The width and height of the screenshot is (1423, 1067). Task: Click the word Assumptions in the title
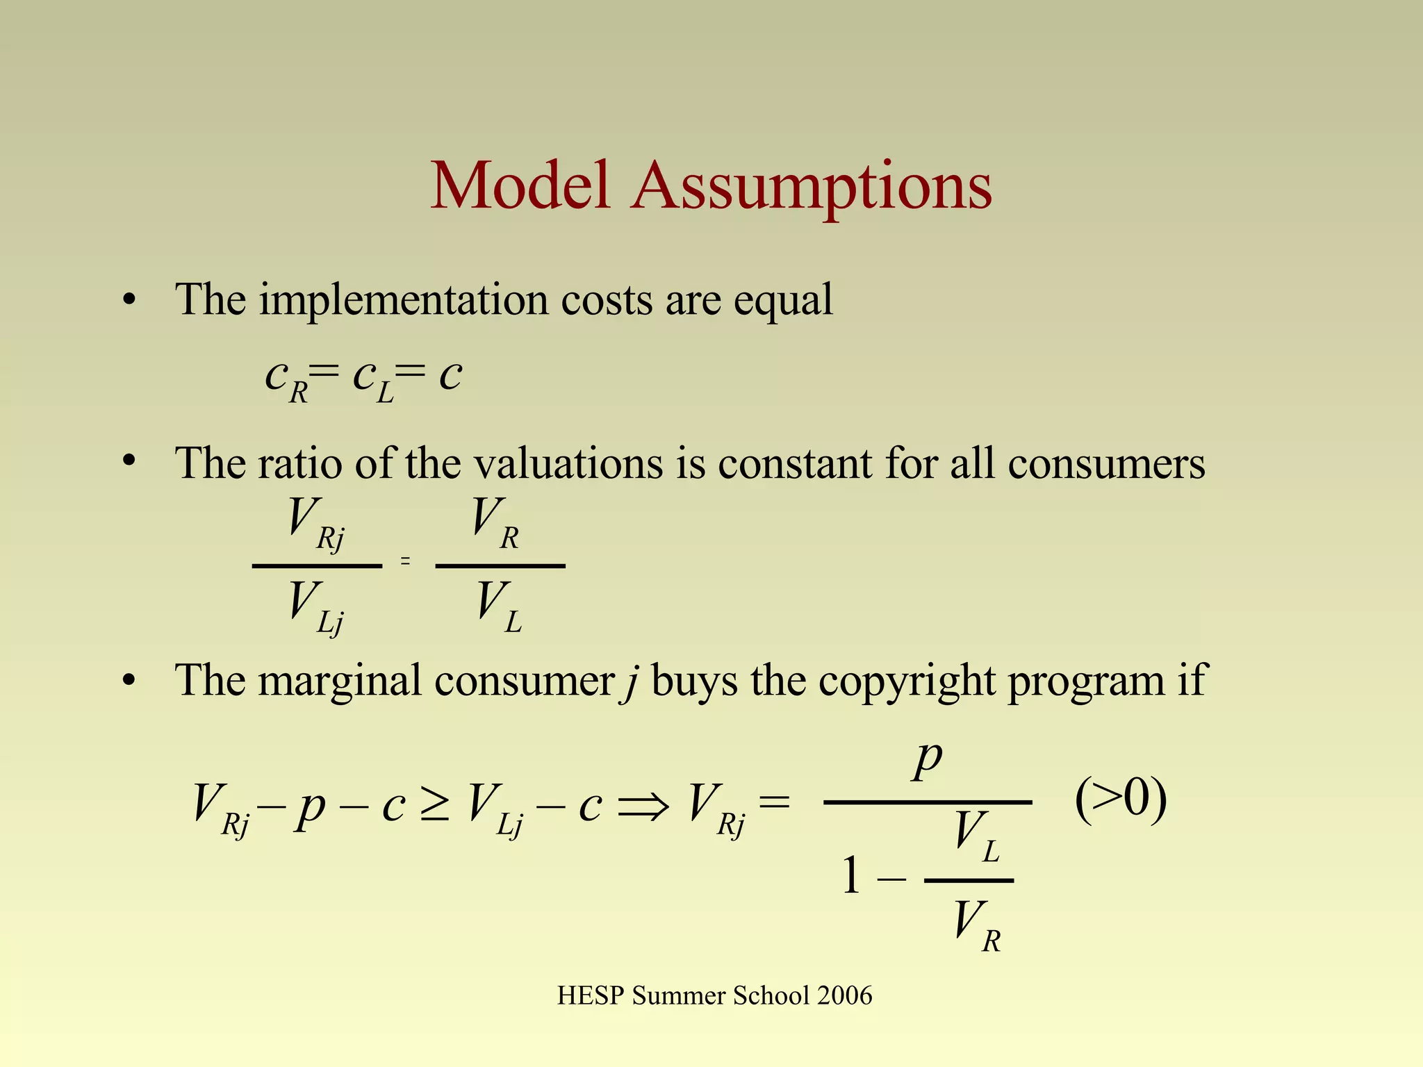point(812,186)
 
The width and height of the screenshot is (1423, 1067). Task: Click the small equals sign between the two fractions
point(405,561)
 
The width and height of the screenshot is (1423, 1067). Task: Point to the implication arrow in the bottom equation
point(643,806)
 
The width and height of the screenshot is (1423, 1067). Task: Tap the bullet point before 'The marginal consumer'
point(129,681)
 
